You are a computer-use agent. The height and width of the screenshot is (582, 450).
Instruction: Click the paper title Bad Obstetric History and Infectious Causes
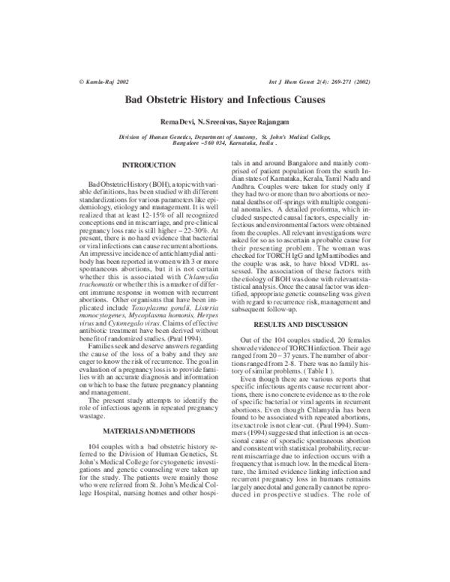point(224,99)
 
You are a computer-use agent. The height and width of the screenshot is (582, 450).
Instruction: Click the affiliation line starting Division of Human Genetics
point(225,137)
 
